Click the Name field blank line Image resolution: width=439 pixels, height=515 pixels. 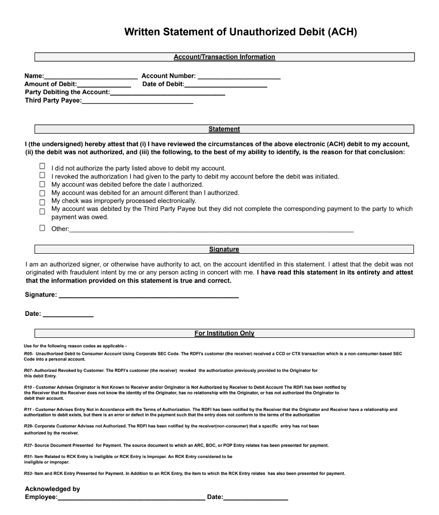point(91,76)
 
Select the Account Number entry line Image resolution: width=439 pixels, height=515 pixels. point(239,76)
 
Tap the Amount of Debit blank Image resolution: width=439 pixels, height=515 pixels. point(104,85)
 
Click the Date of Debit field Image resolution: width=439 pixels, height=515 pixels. point(225,85)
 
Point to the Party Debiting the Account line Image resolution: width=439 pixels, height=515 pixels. point(167,93)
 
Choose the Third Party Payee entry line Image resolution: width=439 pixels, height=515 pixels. point(137,101)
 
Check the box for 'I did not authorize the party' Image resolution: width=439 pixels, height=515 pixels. point(42,166)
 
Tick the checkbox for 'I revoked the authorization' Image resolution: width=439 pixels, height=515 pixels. point(42,175)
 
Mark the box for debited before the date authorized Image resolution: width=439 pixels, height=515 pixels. point(42,184)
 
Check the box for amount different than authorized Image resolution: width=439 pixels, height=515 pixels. point(42,193)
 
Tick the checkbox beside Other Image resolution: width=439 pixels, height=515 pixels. point(42,228)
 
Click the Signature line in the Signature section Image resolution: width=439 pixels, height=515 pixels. point(148,295)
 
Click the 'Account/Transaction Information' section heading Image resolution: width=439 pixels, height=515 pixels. point(224,57)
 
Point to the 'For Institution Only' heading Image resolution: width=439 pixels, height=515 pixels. point(224,333)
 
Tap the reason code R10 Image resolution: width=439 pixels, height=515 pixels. point(28,387)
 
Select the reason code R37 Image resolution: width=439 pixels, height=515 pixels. point(28,445)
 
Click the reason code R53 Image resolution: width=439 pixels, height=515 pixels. point(28,473)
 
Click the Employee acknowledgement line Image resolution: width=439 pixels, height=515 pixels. point(131,497)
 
